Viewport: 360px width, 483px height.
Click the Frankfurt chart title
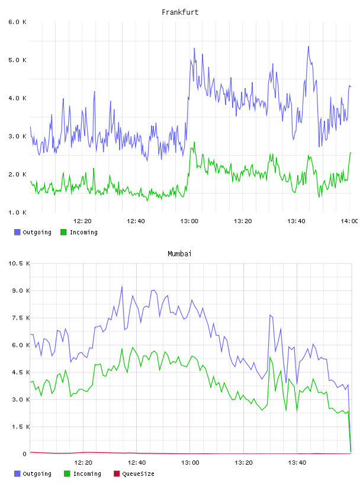[180, 12]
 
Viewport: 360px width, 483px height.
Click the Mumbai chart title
[179, 254]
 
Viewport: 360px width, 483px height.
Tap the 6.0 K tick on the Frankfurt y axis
[18, 22]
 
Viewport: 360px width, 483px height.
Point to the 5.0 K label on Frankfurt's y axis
[18, 60]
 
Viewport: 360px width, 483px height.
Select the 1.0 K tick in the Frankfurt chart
[18, 212]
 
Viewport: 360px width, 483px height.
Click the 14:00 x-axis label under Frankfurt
[349, 221]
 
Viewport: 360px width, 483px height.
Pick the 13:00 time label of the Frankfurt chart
[189, 221]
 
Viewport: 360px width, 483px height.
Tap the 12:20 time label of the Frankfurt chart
[82, 221]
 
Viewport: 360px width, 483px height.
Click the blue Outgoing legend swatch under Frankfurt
[17, 232]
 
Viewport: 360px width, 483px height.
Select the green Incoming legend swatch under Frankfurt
[63, 232]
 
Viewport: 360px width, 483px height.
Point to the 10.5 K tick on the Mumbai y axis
[19, 263]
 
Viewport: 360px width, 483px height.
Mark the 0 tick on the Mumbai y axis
[25, 454]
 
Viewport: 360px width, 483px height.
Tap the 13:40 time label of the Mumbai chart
[297, 463]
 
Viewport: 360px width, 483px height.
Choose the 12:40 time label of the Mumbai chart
[137, 463]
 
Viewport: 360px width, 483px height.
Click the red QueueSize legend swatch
[117, 474]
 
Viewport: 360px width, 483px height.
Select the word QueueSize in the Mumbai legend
[138, 474]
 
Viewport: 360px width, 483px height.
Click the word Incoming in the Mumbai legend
[87, 474]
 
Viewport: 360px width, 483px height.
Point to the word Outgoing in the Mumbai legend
[37, 474]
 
